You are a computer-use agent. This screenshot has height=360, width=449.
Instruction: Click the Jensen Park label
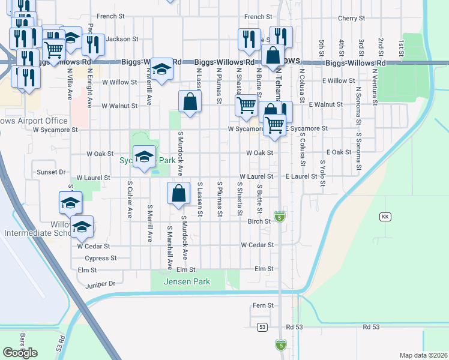[188, 281]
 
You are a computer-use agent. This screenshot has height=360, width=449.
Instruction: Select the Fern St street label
[263, 305]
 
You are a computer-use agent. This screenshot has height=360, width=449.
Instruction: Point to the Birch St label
[260, 221]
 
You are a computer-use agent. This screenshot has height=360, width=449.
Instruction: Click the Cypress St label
[100, 258]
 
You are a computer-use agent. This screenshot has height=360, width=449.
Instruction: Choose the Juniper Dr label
[100, 284]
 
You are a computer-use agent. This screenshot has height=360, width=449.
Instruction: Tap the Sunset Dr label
[51, 172]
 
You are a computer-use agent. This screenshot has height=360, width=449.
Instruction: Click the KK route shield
[385, 216]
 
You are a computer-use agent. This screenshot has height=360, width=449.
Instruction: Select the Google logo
[20, 352]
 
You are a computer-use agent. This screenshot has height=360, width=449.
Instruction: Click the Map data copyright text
[423, 355]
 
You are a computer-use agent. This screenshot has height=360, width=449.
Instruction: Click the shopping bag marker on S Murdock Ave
[179, 194]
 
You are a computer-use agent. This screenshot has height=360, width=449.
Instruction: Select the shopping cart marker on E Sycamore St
[274, 125]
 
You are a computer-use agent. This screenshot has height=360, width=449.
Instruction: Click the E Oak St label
[339, 152]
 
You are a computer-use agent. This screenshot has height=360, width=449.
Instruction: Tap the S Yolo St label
[322, 172]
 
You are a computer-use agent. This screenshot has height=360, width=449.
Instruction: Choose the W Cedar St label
[94, 246]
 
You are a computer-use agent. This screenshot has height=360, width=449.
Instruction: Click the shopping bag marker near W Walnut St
[190, 102]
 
